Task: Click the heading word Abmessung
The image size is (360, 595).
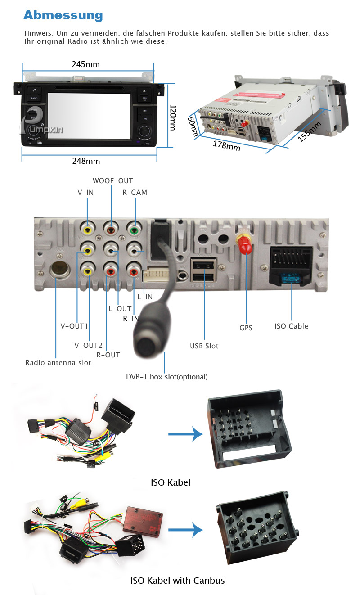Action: click(63, 15)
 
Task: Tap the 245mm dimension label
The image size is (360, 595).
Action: click(85, 64)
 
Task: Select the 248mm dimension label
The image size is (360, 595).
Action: click(86, 161)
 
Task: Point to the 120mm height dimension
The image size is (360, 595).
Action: click(172, 118)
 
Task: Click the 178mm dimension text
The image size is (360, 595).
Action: click(226, 146)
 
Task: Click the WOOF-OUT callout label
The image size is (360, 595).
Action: click(112, 181)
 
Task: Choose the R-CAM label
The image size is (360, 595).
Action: click(135, 193)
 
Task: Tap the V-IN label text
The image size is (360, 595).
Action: click(86, 193)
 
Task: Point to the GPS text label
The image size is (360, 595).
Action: click(246, 328)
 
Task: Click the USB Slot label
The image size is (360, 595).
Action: click(204, 346)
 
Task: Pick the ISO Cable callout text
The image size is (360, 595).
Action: click(292, 326)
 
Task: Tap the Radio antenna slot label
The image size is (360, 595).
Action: click(58, 363)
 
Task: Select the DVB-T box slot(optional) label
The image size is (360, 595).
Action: click(166, 377)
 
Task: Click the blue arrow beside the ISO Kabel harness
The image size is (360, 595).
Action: click(184, 434)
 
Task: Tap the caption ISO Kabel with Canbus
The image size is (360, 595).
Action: click(177, 581)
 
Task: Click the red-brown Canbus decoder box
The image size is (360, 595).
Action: click(144, 515)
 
